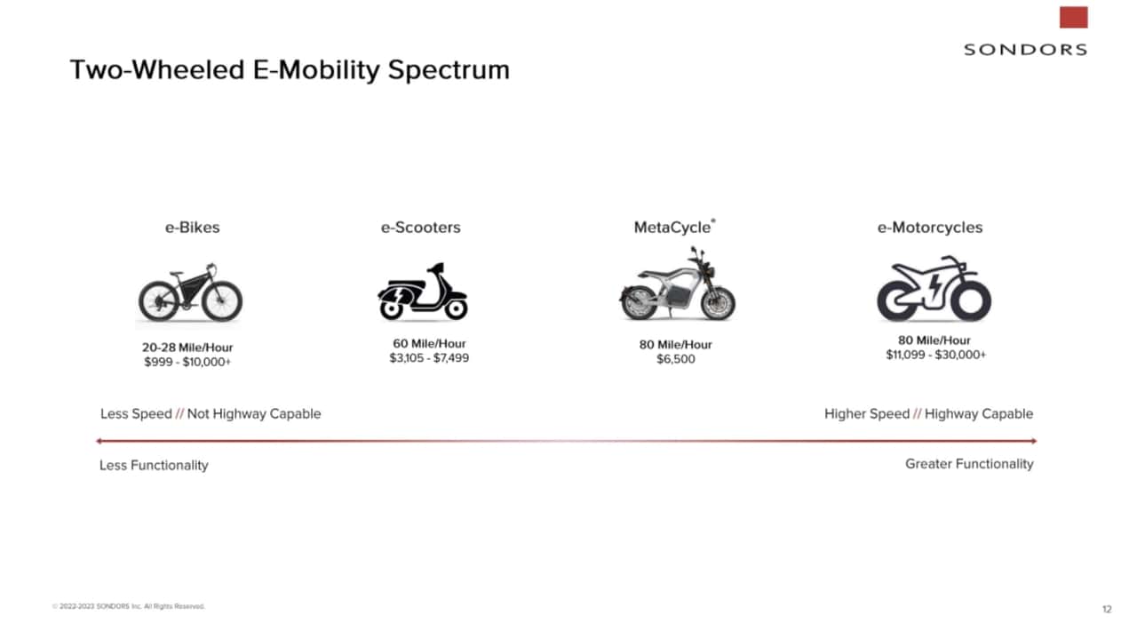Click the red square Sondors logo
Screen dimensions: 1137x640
point(1073,17)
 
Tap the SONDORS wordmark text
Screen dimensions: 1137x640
point(1025,50)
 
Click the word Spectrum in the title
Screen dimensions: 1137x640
point(449,70)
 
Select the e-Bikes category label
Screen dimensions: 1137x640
point(193,227)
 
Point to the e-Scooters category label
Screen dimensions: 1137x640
point(421,227)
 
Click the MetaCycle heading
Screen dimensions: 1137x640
point(672,227)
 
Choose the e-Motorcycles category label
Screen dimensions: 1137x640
point(930,227)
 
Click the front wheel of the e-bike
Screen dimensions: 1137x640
point(222,300)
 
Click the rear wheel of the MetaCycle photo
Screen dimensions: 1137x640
point(639,303)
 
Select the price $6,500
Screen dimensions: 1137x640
point(676,359)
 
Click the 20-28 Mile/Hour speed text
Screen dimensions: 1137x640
point(187,348)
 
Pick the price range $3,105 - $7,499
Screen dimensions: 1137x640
point(429,358)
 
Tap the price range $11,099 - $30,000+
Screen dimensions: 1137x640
point(935,355)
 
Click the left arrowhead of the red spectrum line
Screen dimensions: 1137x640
point(98,441)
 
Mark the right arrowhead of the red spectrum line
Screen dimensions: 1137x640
point(1034,441)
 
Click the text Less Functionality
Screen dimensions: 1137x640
point(154,465)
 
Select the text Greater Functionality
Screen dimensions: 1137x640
point(969,464)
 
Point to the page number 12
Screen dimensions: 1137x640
point(1107,609)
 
